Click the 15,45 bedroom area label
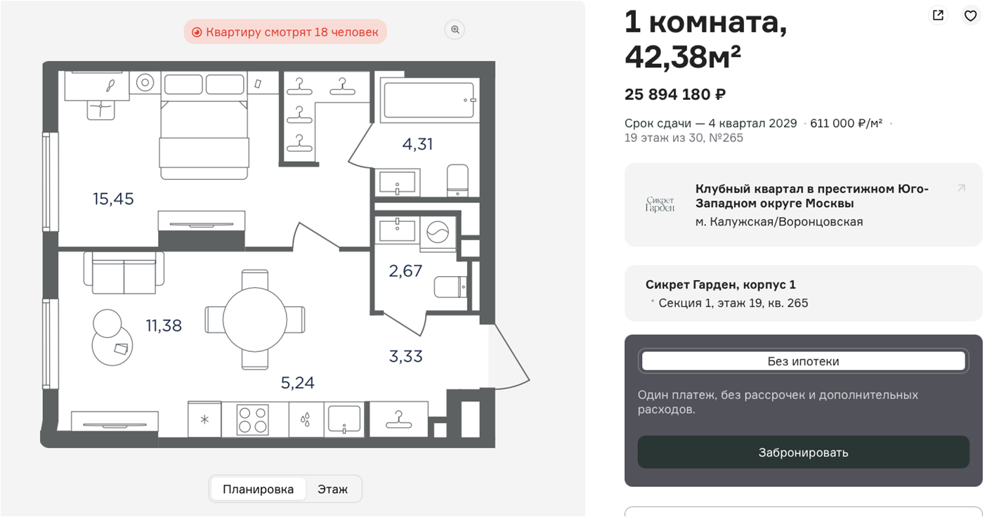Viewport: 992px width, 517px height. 113,199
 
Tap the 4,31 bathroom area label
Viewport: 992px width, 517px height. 417,144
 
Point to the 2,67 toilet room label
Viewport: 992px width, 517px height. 405,271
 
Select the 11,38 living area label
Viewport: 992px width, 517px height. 164,326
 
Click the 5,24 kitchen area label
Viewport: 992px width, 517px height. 298,383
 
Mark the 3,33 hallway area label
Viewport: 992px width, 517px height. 405,356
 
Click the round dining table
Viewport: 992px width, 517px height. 254,320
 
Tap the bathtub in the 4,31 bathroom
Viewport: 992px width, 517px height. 429,100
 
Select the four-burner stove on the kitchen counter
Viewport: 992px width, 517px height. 252,419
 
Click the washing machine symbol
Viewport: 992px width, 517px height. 438,232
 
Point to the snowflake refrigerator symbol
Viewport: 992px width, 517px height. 204,419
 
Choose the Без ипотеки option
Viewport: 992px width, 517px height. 803,361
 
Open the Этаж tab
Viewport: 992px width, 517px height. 332,489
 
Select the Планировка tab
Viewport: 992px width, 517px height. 258,489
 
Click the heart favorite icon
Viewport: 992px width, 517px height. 970,16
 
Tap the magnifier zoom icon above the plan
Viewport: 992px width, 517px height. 455,30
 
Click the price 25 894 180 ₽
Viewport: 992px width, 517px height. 675,94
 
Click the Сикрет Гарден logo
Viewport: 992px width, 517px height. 660,204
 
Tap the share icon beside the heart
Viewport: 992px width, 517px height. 938,15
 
